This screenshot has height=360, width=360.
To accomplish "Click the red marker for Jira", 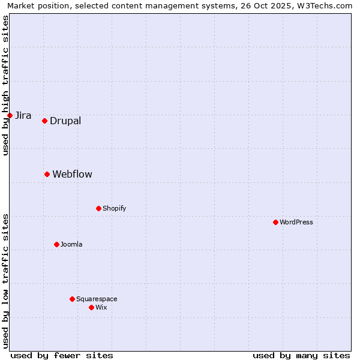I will pyautogui.click(x=10, y=115).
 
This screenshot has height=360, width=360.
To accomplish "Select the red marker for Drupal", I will pyautogui.click(x=44, y=121).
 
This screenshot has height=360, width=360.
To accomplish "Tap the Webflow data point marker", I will pyautogui.click(x=47, y=174).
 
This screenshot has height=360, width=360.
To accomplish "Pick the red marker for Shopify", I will pyautogui.click(x=98, y=208).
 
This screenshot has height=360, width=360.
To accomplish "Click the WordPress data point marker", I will pyautogui.click(x=275, y=222).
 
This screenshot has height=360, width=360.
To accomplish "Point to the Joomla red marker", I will pyautogui.click(x=56, y=244).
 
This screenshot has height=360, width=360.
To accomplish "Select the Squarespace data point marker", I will pyautogui.click(x=72, y=299).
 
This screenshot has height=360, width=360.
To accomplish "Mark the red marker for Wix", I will pyautogui.click(x=91, y=307).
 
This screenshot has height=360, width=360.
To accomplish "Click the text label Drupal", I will pyautogui.click(x=65, y=121).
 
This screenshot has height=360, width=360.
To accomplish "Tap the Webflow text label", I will pyautogui.click(x=72, y=175).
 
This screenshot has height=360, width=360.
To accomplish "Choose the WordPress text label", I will pyautogui.click(x=296, y=223).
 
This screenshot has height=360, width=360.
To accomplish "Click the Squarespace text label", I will pyautogui.click(x=97, y=299).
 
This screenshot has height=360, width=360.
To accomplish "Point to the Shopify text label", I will pyautogui.click(x=114, y=209).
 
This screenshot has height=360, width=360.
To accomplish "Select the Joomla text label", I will pyautogui.click(x=71, y=245).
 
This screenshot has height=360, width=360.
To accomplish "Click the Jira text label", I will pyautogui.click(x=23, y=116).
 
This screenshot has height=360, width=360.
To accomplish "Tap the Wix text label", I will pyautogui.click(x=101, y=308).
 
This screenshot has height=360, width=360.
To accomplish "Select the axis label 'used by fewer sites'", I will pyautogui.click(x=62, y=355).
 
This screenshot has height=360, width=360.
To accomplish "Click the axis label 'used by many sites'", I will pyautogui.click(x=301, y=355).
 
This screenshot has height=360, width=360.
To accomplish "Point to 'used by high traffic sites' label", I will pyautogui.click(x=6, y=85).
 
